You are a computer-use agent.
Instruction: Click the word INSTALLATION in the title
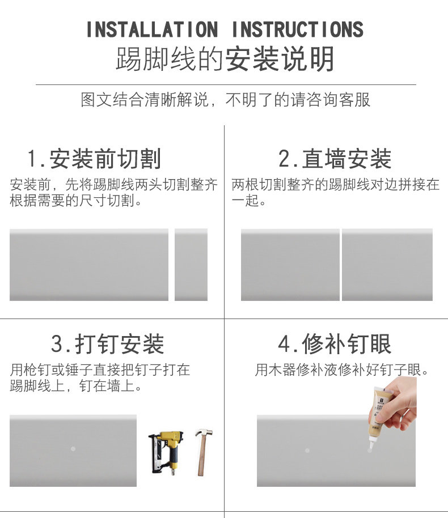[x=152, y=29]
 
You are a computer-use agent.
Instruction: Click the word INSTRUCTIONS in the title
[x=297, y=29]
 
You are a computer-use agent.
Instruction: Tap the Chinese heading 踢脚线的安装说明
[x=225, y=59]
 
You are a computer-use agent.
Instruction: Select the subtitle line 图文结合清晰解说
[x=145, y=99]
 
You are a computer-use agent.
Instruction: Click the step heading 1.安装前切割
[x=95, y=159]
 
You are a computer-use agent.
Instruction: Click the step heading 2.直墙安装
[x=335, y=159]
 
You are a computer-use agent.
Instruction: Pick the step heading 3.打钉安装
[x=107, y=344]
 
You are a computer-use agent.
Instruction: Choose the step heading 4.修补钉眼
[x=335, y=344]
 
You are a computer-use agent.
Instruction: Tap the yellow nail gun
[x=166, y=452]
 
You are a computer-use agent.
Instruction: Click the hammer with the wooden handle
[x=203, y=452]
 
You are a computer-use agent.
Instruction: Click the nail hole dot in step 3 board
[x=73, y=449]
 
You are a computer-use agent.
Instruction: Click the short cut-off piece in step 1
[x=191, y=265]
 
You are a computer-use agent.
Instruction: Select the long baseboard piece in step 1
[x=89, y=265]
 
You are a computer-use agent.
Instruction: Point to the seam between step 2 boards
[x=341, y=265]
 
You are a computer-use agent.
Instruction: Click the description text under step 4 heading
[x=342, y=370]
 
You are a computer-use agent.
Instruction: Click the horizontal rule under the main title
[x=226, y=85]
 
